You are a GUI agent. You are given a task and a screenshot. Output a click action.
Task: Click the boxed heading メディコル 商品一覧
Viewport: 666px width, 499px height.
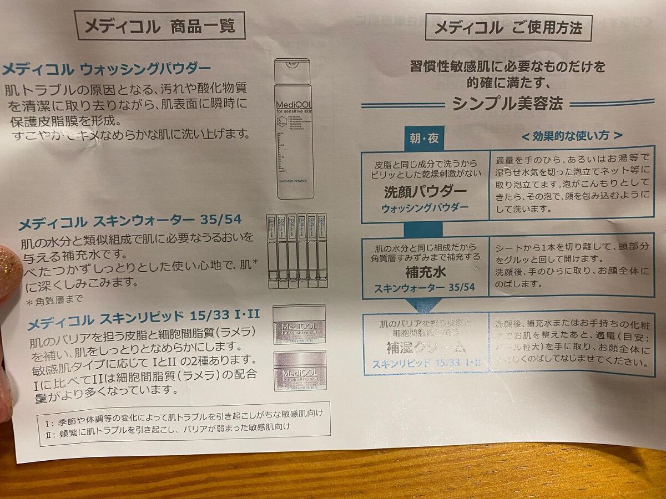click(x=159, y=26)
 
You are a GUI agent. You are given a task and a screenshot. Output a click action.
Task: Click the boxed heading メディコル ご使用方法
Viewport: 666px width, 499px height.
click(x=508, y=28)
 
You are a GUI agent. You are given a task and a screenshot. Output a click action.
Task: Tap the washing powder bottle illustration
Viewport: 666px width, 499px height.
click(x=295, y=130)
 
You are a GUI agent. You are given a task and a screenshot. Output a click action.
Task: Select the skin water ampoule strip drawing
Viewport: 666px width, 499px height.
click(x=297, y=251)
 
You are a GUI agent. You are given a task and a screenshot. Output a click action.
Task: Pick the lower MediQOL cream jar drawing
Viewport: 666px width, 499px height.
click(x=300, y=371)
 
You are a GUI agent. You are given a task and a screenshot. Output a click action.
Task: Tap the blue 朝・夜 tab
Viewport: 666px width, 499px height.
click(x=425, y=139)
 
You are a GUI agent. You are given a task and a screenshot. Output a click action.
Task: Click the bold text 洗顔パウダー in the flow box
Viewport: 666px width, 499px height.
click(x=425, y=192)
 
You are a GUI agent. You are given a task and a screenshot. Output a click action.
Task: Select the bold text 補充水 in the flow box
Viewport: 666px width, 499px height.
click(x=425, y=273)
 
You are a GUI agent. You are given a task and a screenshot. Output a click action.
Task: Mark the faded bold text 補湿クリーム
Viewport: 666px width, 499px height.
click(x=425, y=348)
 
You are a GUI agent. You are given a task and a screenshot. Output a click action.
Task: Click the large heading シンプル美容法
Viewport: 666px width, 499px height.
click(x=507, y=104)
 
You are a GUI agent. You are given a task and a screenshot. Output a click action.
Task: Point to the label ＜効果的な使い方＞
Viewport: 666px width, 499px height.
click(x=571, y=136)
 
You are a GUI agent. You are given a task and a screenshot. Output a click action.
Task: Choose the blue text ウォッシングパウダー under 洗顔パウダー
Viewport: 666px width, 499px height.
click(x=425, y=207)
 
